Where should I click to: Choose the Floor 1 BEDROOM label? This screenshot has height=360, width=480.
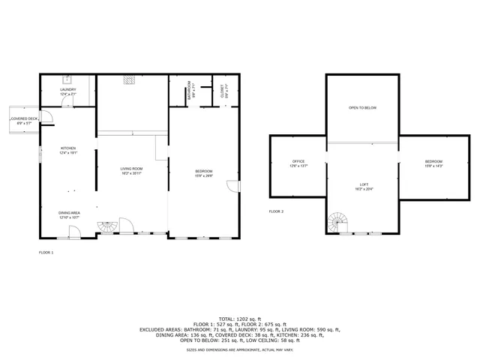point(204,174)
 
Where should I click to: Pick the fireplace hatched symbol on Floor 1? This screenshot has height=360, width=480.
point(130,77)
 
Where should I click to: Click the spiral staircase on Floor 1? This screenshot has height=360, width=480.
point(109,226)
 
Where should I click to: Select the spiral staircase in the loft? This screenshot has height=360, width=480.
point(338,223)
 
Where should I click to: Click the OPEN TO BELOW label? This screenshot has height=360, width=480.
point(362,109)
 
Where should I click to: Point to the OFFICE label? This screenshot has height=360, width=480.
point(298,163)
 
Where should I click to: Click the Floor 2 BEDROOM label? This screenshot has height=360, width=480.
point(433,163)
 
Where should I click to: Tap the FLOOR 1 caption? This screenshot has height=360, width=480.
point(46,253)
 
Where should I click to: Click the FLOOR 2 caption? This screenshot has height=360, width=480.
point(277,211)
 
